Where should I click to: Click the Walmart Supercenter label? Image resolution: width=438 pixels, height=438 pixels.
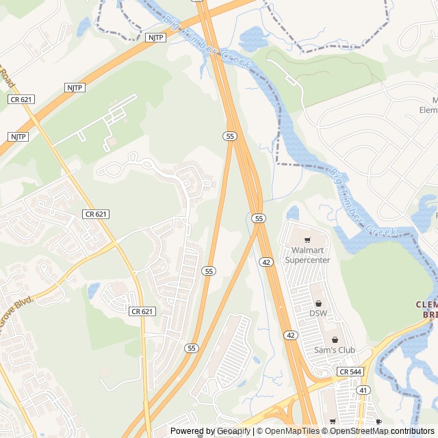coord(307,255)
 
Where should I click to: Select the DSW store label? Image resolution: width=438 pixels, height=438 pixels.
coord(318,313)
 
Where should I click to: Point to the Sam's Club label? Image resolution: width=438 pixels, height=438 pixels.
coord(335,350)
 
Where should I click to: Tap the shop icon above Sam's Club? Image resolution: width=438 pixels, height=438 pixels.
coord(335,339)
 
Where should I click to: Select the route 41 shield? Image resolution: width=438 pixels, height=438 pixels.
coord(363,389)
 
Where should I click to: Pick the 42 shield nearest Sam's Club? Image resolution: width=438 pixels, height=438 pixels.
coord(290,335)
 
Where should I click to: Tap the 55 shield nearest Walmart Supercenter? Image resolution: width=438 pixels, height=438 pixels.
coord(258,218)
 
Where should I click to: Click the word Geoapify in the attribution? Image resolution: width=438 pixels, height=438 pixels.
coord(233,431)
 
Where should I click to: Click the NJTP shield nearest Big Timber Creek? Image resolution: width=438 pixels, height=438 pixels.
coord(155,37)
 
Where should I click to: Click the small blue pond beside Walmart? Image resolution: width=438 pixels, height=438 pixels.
coord(293,213)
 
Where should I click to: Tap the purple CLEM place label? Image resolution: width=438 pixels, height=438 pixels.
coord(426,304)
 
